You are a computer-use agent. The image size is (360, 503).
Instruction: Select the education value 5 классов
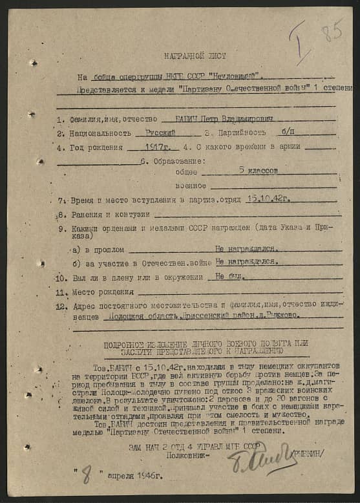coord(259,171)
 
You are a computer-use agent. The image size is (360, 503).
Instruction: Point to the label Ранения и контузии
coord(112,214)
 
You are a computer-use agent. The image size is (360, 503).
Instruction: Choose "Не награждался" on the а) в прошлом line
coord(247,248)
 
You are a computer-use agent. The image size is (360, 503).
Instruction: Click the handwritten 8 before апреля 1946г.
coord(85,478)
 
